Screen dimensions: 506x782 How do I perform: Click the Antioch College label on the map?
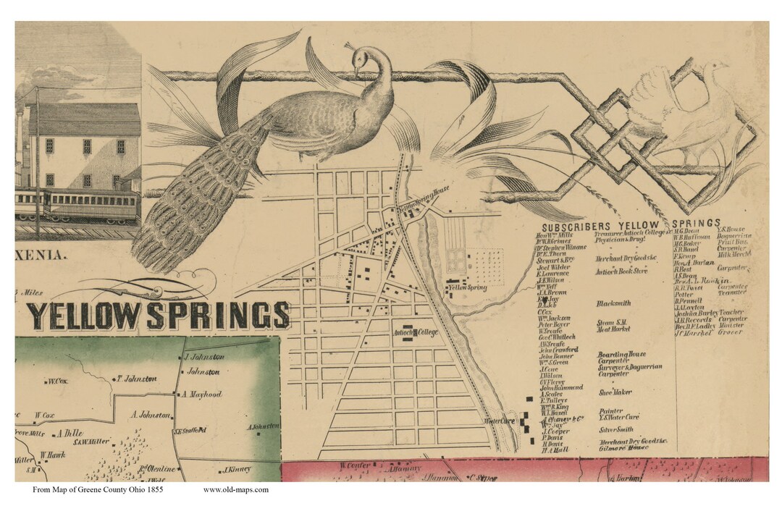point(416,333)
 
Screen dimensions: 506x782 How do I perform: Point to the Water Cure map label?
point(499,421)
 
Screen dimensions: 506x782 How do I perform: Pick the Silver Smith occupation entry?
point(616,429)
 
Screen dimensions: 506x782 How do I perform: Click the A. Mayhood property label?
point(201,395)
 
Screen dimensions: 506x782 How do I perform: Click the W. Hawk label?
point(53,455)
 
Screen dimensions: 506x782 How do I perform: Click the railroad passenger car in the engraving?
point(93,205)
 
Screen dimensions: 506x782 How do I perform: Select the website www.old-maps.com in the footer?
point(235,490)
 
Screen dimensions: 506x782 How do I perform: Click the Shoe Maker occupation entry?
point(615,392)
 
